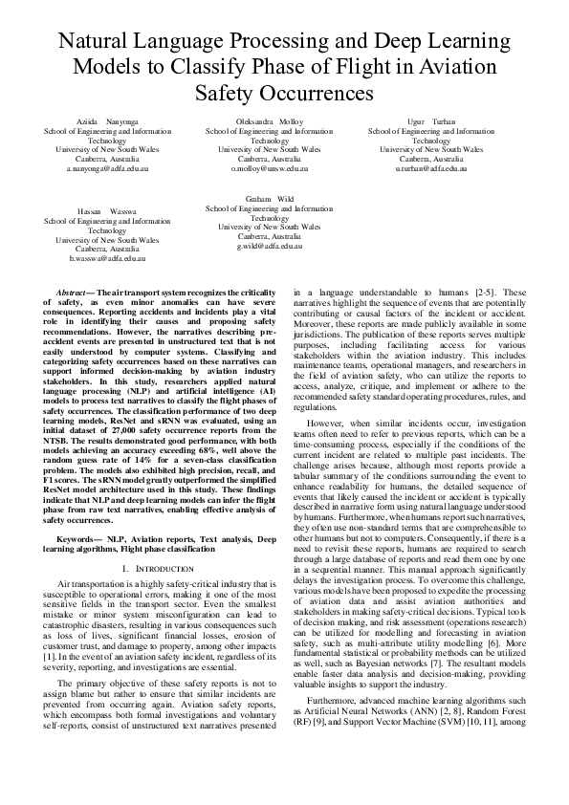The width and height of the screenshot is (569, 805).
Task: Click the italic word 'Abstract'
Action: (73, 291)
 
